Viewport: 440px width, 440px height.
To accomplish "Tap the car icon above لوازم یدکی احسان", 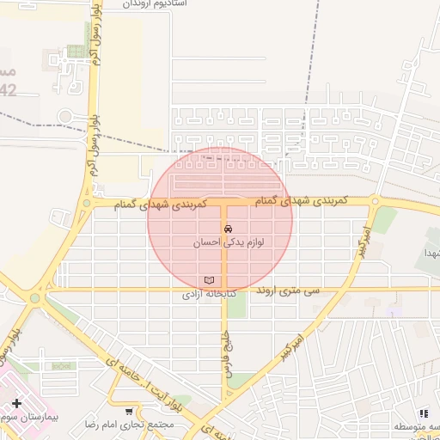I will pyautogui.click(x=227, y=230).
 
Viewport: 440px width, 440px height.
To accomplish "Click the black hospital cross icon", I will pyautogui.click(x=16, y=403).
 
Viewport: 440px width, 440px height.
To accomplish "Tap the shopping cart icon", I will pyautogui.click(x=129, y=412).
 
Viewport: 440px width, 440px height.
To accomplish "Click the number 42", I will pyautogui.click(x=8, y=89).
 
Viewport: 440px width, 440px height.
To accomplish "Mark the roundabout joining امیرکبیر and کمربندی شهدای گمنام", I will pyautogui.click(x=375, y=202).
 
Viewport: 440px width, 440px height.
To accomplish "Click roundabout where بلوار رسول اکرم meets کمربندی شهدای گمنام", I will pyautogui.click(x=87, y=204).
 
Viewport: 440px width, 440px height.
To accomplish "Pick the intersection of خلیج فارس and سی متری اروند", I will pyautogui.click(x=225, y=289).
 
